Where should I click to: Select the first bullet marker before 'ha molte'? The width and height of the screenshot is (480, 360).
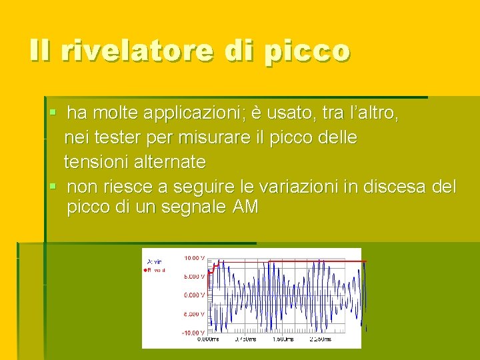pos(53,114)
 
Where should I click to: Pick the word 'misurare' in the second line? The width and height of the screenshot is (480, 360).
pos(210,138)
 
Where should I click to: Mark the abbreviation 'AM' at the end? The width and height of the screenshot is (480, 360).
pos(245,207)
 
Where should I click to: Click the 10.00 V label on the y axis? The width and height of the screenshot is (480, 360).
pos(194,257)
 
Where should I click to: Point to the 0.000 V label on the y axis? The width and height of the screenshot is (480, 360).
pos(194,295)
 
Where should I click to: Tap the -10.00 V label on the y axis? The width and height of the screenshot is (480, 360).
pos(193,332)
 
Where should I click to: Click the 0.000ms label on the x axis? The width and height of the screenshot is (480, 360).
pos(209,339)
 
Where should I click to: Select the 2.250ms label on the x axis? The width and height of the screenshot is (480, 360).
pos(320,339)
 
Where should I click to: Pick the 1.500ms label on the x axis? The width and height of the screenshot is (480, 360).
pos(283,339)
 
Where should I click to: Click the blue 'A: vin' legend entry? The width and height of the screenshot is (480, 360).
pos(156,261)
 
